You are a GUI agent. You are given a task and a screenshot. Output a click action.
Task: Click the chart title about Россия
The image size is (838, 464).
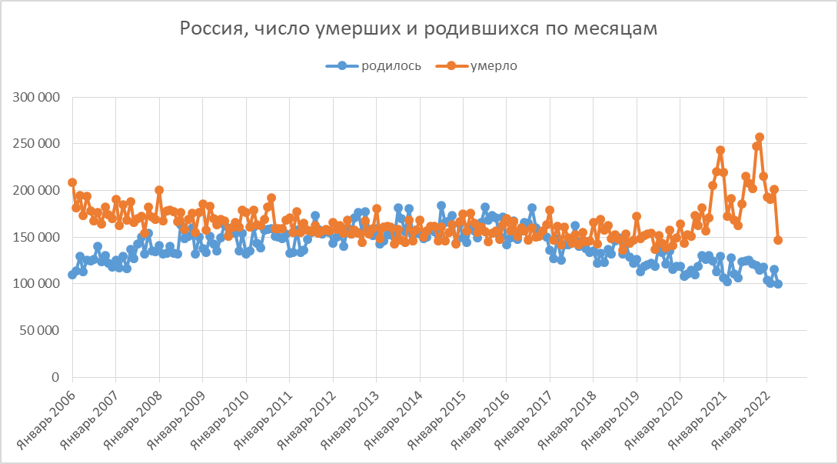pyautogui.click(x=419, y=29)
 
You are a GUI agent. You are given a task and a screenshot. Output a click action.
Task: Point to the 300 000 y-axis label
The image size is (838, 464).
pyautogui.click(x=37, y=97)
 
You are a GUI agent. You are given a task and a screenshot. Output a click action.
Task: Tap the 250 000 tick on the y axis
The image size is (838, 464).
pyautogui.click(x=37, y=144)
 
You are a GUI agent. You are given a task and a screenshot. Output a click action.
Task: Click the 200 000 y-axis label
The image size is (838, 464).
pyautogui.click(x=37, y=191)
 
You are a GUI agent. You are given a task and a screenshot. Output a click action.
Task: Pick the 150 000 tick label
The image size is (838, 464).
pyautogui.click(x=37, y=238)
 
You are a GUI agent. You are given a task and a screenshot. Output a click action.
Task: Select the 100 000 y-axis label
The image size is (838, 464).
pyautogui.click(x=37, y=284)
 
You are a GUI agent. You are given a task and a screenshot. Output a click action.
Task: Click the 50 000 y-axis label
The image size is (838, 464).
pyautogui.click(x=40, y=331)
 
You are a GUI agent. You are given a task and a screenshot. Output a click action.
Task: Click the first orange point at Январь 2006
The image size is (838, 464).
pyautogui.click(x=72, y=182)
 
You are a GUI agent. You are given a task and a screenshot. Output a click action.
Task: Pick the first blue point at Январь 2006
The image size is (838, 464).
pyautogui.click(x=72, y=275)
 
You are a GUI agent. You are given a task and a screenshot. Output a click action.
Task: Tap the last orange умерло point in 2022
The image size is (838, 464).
pyautogui.click(x=778, y=240)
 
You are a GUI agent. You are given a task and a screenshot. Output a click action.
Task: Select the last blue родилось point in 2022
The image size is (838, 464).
pyautogui.click(x=778, y=284)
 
